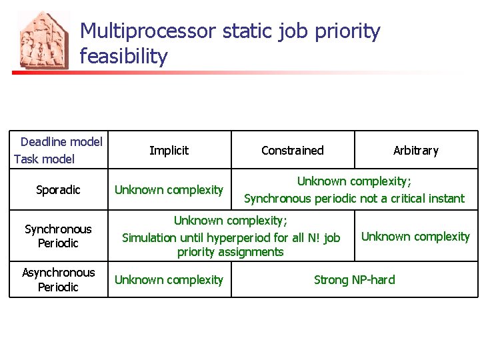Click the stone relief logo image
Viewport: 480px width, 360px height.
[43, 40]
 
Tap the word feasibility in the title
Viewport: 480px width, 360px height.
[123, 57]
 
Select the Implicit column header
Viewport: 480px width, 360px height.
[169, 151]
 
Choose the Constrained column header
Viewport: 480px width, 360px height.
[292, 151]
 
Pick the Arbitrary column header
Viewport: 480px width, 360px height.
[415, 151]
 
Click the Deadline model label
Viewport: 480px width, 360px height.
[61, 141]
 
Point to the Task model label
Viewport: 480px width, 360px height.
[44, 159]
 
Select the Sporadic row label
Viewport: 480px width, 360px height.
[58, 190]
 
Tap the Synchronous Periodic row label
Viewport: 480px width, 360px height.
[58, 236]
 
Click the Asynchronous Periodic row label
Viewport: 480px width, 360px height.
[58, 279]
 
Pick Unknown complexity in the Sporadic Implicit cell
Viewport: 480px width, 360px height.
[169, 190]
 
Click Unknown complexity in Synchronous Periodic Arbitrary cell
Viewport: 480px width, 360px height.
[415, 237]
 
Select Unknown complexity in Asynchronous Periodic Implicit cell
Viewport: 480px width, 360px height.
[169, 280]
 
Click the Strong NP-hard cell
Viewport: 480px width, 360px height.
[354, 280]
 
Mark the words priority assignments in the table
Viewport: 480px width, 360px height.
[230, 252]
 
